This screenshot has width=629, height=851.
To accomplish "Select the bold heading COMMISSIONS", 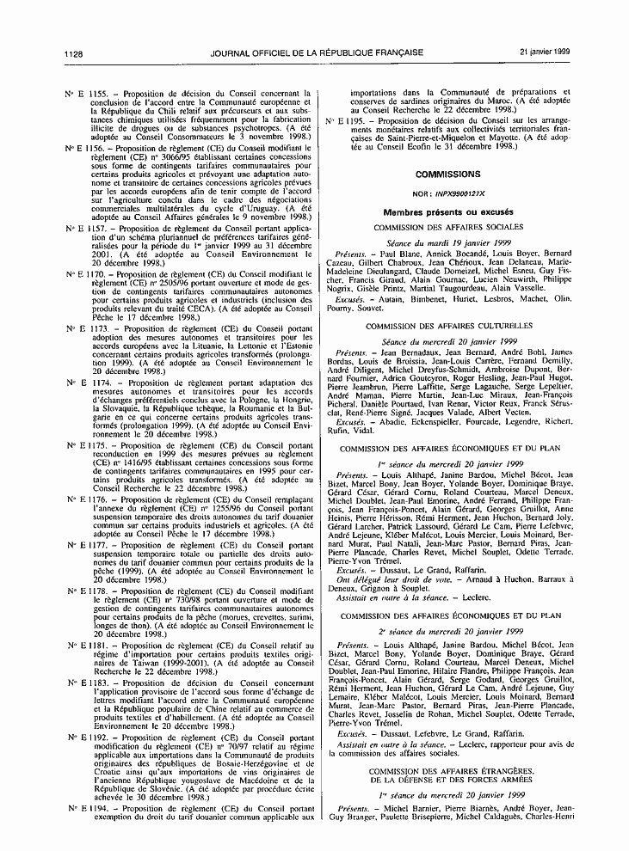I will (x=448, y=174).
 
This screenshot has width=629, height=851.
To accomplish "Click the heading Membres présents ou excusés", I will (x=448, y=211).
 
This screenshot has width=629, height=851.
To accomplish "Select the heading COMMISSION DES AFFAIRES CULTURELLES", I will (x=448, y=327).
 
